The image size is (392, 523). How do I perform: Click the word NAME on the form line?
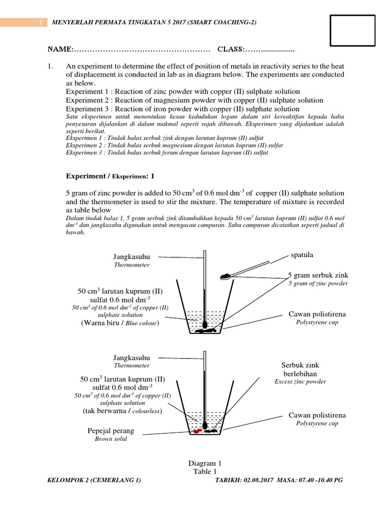(x=60, y=49)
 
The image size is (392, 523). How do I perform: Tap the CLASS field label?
(x=230, y=49)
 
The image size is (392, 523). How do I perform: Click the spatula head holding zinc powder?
(x=225, y=276)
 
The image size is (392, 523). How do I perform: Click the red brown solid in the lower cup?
(x=196, y=431)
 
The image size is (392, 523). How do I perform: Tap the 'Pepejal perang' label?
(x=111, y=431)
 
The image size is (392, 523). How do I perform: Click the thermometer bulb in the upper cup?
(x=205, y=324)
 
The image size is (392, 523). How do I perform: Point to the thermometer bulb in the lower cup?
(x=205, y=425)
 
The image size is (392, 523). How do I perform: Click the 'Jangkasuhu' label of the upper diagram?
(x=132, y=257)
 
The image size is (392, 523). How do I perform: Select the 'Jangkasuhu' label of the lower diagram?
(x=132, y=358)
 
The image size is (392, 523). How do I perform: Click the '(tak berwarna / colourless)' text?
(x=122, y=411)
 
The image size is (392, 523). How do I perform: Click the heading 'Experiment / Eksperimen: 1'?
(x=110, y=176)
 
